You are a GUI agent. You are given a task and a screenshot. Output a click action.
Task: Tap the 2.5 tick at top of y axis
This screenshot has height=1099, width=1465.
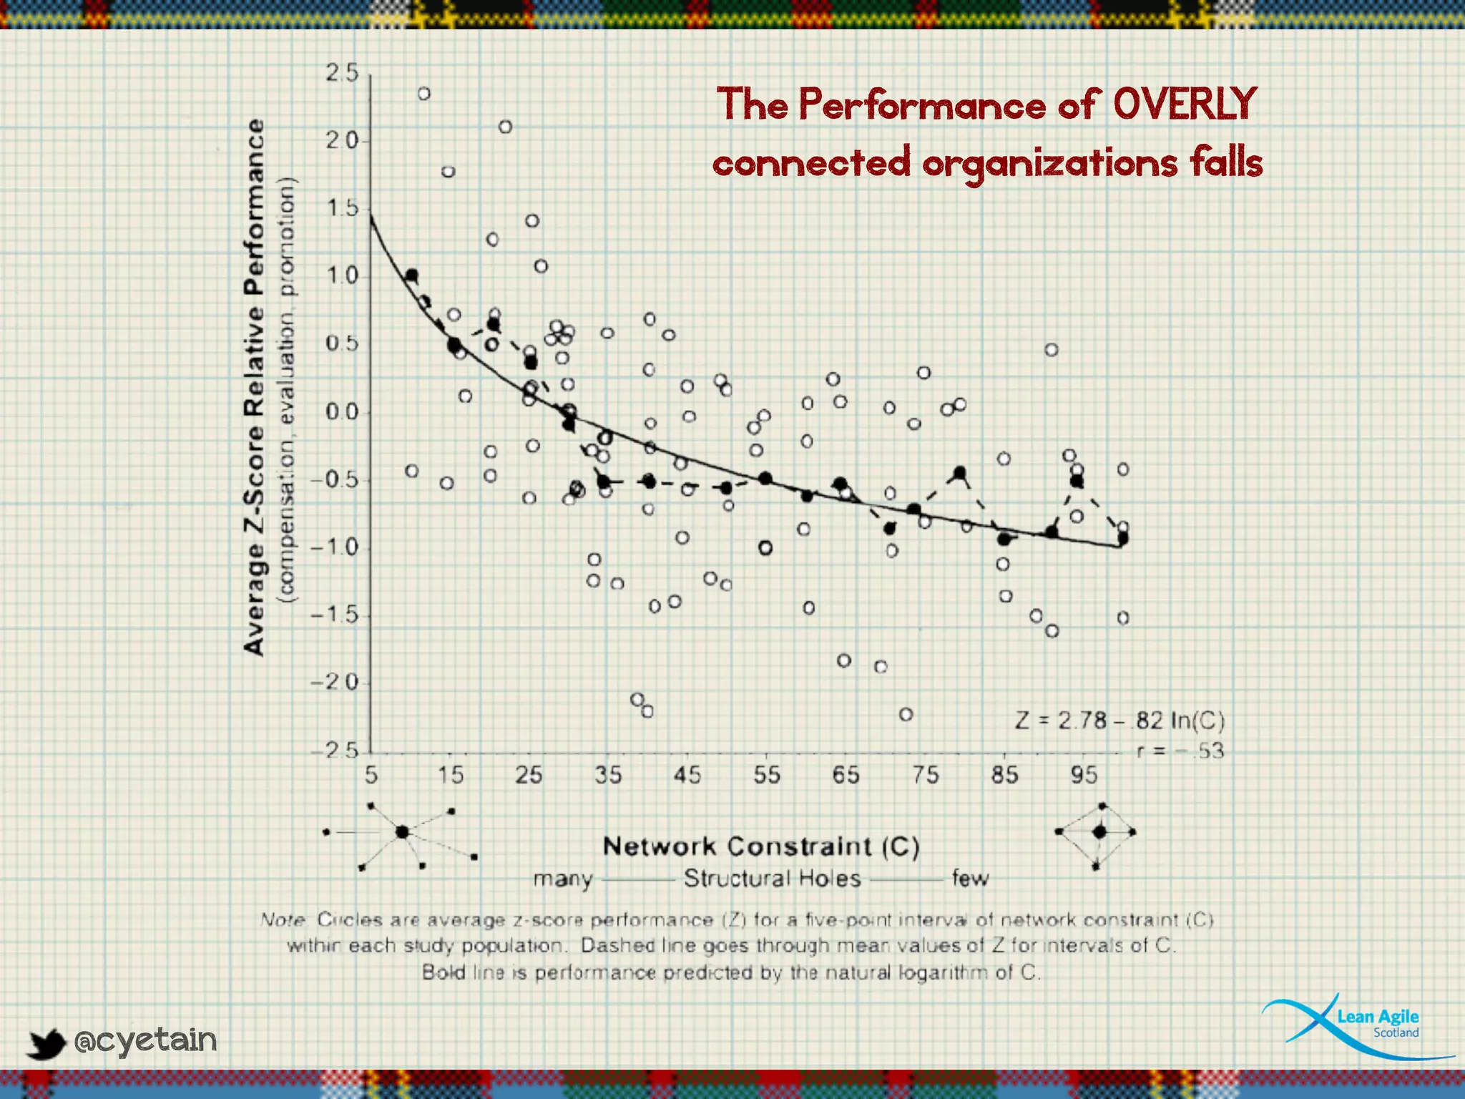point(341,73)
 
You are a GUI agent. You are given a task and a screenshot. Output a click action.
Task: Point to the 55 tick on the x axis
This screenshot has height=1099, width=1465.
point(766,775)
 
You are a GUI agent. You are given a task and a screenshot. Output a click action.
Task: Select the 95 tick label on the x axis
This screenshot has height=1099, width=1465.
point(1083,775)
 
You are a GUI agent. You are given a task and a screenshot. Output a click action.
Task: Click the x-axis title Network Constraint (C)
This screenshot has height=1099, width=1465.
point(760,846)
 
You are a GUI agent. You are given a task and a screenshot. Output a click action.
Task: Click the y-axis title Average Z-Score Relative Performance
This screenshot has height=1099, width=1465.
point(254,386)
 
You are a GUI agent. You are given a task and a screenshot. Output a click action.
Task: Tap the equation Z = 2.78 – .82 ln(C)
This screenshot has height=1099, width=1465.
point(1119,720)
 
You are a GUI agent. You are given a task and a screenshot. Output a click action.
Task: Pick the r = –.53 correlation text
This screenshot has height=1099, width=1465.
point(1180,751)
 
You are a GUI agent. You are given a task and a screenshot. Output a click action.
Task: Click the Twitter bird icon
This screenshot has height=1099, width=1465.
point(46,1043)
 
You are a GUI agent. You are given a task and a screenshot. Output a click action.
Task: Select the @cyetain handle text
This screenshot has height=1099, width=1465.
point(145,1040)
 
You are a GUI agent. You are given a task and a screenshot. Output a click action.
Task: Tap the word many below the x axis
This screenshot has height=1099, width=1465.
point(563,879)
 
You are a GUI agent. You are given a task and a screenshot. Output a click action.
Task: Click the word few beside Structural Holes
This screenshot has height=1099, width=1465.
point(969,878)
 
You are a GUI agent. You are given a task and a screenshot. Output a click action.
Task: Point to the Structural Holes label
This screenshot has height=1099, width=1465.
point(772,878)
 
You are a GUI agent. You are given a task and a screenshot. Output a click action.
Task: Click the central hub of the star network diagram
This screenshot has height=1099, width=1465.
point(402,832)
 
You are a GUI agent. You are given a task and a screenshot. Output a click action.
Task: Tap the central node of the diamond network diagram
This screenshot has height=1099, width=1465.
point(1099,832)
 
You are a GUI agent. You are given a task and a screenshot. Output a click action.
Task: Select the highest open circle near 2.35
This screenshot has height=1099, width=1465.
point(423,94)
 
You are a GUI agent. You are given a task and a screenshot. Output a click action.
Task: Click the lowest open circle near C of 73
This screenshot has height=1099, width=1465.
point(906,714)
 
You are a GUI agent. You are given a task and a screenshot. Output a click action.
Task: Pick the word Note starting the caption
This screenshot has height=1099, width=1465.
point(283,919)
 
